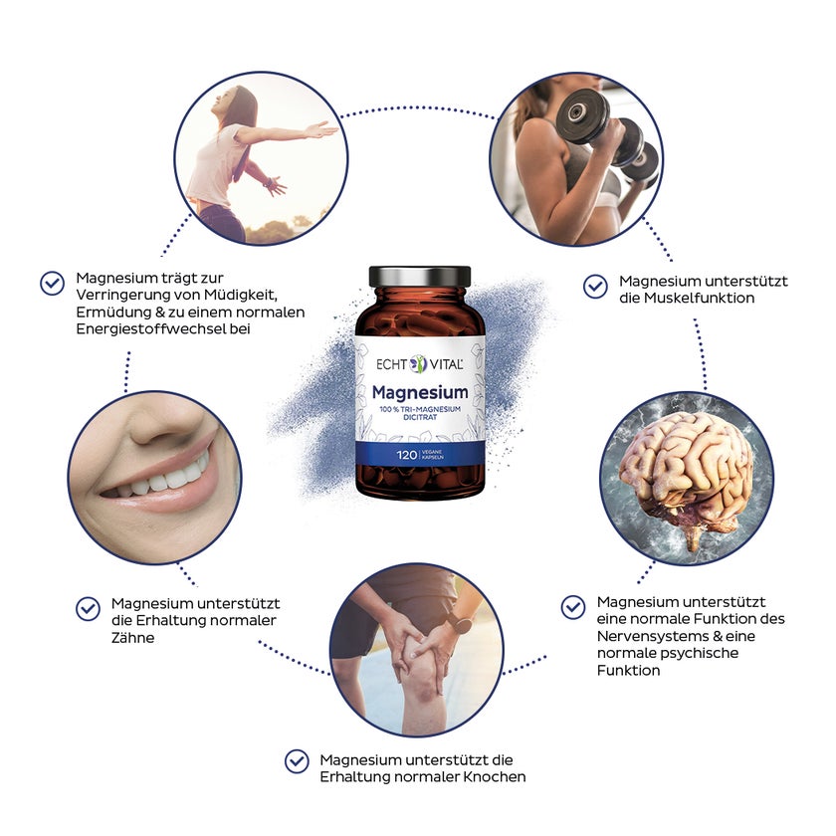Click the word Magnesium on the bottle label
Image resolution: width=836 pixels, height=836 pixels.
coord(420,392)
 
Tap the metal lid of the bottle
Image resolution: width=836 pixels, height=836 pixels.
coord(420,277)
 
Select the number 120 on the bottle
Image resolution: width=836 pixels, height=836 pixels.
coord(406,455)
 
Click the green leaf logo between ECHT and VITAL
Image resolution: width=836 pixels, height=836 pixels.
coord(419,364)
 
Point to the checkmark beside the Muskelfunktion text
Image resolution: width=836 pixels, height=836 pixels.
coord(595,287)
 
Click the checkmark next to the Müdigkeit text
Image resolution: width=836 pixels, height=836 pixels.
coord(52,283)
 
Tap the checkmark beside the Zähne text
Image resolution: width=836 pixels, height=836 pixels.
coord(88,609)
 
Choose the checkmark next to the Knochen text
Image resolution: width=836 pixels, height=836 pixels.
coord(297,761)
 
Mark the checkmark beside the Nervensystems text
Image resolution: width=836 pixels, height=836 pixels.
coord(573,607)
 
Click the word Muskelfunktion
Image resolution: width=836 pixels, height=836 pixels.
coord(699,298)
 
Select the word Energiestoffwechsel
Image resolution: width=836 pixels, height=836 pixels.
coord(151,329)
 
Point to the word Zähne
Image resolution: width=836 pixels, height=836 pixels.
coord(132,638)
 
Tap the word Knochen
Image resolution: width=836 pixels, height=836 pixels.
coord(495,777)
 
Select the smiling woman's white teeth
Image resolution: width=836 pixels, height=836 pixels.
coord(159,480)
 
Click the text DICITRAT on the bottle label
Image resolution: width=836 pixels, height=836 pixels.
coord(420,417)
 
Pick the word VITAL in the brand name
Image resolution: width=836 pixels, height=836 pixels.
coord(446,364)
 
